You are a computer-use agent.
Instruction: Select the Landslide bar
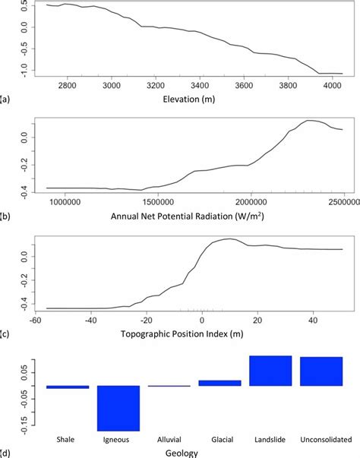270,371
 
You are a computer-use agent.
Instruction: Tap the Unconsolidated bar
321,371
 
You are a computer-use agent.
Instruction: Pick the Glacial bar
219,383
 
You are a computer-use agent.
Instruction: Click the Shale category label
68,439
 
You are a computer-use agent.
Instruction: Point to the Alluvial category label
169,439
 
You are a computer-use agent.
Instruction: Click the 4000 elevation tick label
333,85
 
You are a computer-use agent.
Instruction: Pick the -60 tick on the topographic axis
35,320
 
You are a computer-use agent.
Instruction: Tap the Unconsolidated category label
321,439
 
